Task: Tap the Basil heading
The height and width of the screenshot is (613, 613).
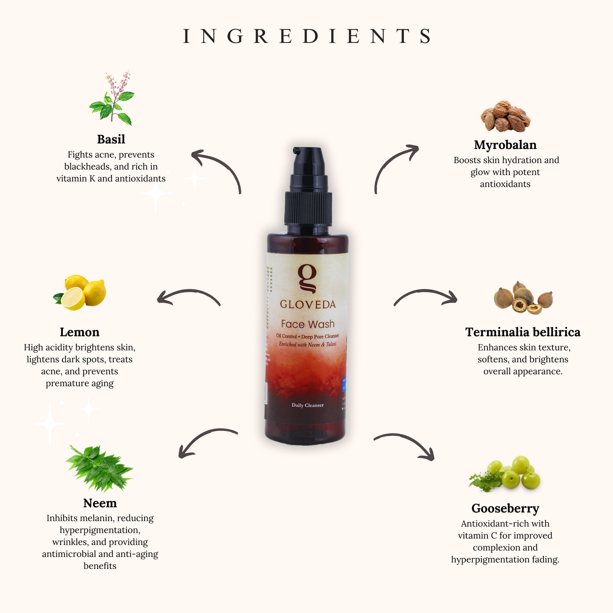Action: (111, 139)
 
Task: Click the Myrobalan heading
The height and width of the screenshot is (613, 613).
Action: (505, 145)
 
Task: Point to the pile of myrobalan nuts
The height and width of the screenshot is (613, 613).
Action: (505, 116)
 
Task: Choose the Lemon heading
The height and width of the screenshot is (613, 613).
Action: (79, 332)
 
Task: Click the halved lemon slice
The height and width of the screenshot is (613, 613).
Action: (73, 298)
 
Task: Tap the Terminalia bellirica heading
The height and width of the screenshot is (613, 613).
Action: (522, 332)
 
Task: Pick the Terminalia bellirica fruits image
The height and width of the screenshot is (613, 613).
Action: (523, 298)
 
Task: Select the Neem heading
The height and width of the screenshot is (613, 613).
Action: (100, 503)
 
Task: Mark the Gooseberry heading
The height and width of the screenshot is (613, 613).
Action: (505, 508)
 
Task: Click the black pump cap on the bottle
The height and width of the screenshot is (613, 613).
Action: (308, 187)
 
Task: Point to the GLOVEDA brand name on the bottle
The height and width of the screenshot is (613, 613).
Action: (308, 304)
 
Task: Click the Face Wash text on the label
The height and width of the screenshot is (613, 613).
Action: (308, 325)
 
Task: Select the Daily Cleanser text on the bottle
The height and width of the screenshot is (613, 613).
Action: (308, 405)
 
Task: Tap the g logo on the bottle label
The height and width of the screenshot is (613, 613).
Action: (307, 278)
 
